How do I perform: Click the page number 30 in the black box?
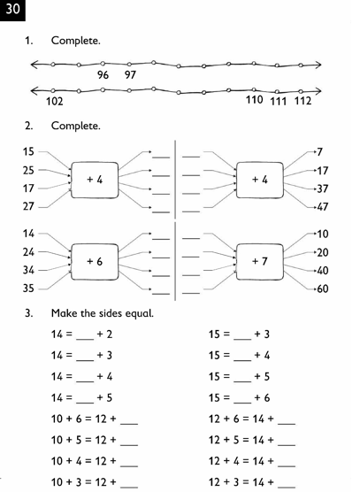[12, 9]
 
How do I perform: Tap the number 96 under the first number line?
[103, 75]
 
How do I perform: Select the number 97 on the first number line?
[130, 75]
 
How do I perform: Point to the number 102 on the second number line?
[55, 102]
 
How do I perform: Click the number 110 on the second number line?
[255, 100]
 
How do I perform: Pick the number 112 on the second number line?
[303, 101]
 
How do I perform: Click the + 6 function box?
[95, 262]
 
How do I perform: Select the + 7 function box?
[260, 262]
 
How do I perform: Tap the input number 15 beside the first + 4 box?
[28, 152]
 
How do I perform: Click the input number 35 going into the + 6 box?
[28, 288]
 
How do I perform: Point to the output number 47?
[323, 207]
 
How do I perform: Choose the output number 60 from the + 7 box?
[323, 289]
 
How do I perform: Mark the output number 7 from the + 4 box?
[319, 152]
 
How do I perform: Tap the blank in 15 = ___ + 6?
[242, 403]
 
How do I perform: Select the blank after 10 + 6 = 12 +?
[129, 424]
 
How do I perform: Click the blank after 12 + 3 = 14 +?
[287, 488]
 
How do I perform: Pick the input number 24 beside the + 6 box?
[28, 252]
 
